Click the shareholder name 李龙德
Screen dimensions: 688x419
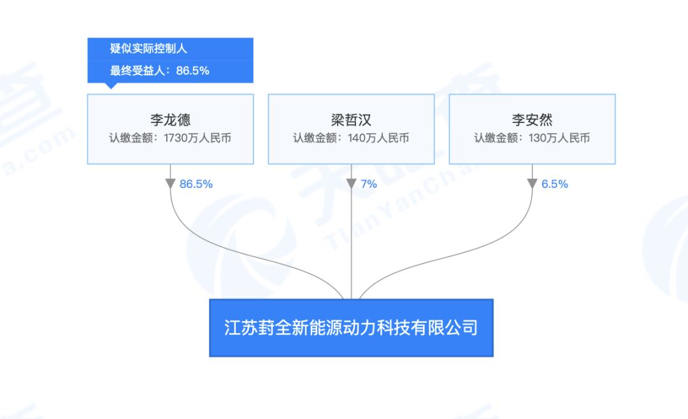pos(170,120)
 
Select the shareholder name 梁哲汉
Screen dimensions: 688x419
pos(351,120)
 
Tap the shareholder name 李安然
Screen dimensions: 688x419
pos(532,120)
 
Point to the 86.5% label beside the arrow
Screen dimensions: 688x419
pos(196,184)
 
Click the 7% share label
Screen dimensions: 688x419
pos(369,184)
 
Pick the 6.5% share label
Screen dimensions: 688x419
pos(555,184)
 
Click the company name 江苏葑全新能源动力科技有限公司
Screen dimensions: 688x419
pos(351,327)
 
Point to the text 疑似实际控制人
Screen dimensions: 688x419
pos(148,48)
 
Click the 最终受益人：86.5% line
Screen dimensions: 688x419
pos(159,71)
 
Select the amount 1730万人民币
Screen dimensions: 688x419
pos(197,138)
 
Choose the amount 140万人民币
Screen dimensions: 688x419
pos(378,138)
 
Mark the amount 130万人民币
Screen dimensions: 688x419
pos(559,138)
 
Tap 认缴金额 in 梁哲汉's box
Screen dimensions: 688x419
pos(315,138)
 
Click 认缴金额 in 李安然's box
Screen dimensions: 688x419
pos(496,138)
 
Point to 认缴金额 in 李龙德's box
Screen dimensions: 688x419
pos(131,138)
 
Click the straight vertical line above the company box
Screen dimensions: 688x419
pos(351,232)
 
